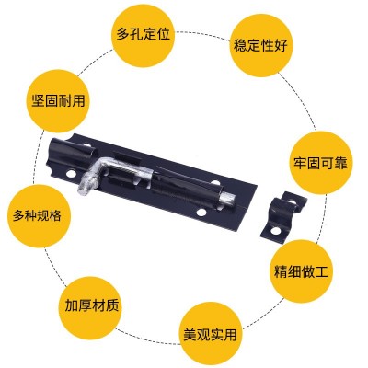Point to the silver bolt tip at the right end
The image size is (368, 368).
[x=227, y=198]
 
